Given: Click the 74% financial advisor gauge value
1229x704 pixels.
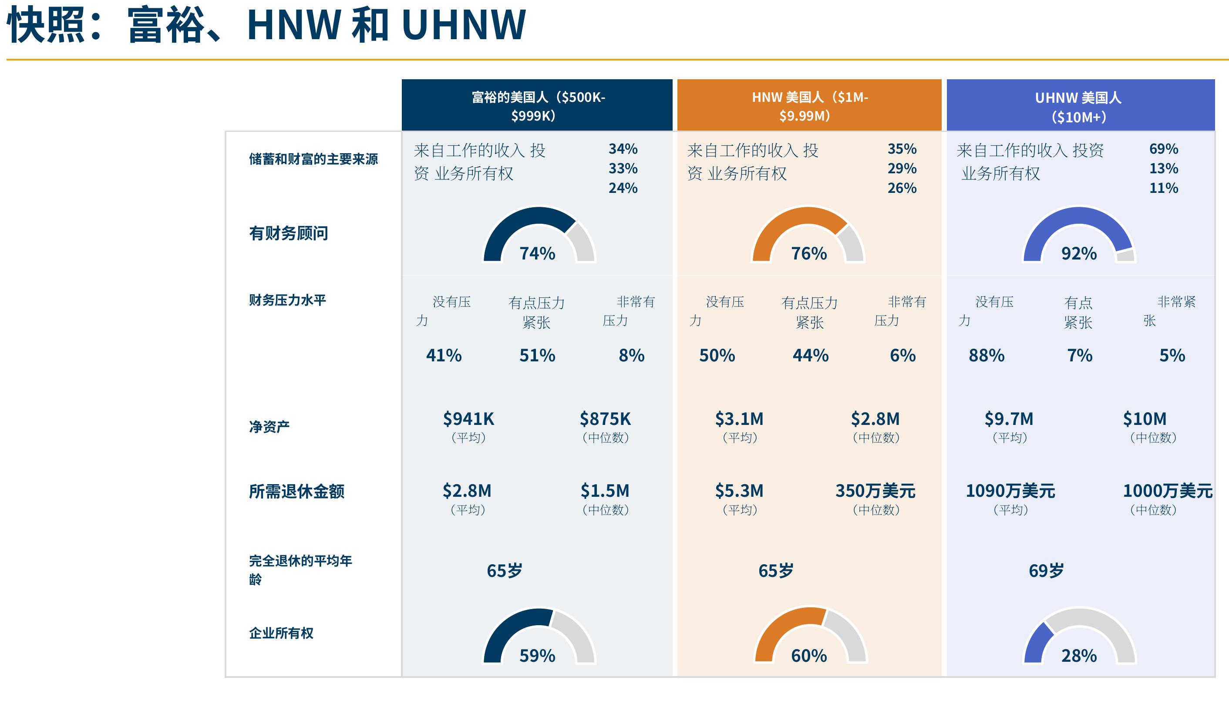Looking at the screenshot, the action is click(537, 253).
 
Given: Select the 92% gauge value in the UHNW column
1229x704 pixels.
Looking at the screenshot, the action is click(1079, 253).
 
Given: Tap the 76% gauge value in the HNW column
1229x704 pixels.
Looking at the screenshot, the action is click(809, 253).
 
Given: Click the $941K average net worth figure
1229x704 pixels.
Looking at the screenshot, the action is click(468, 419).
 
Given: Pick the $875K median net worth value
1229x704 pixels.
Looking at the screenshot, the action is click(605, 419).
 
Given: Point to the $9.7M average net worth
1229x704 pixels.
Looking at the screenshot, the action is click(1009, 419).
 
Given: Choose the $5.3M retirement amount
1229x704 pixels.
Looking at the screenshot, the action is click(739, 491).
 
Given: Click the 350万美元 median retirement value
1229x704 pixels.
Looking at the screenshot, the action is click(875, 491).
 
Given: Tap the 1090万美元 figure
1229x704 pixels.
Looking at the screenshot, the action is click(1010, 491).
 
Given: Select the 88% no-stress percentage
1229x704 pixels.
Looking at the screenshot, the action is click(987, 355).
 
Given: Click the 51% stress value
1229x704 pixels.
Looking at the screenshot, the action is click(537, 355).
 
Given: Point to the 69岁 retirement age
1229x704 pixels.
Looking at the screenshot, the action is click(1046, 570).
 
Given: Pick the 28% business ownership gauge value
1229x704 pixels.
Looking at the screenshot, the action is click(1079, 656).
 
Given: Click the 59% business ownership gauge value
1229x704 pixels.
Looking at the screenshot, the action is click(537, 656).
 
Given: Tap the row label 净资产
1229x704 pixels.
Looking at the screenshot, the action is click(269, 427).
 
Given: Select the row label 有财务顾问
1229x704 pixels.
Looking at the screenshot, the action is click(289, 233).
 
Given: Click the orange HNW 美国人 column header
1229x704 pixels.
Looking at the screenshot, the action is click(809, 105).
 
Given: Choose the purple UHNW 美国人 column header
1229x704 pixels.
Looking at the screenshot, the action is click(1081, 105).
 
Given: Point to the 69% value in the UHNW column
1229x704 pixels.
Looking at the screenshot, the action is click(1164, 149).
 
